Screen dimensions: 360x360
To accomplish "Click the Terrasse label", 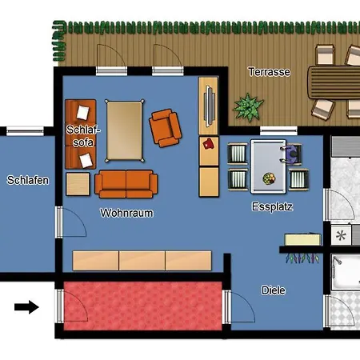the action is click(269, 72).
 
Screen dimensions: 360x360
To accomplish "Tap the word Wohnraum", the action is click(126, 213).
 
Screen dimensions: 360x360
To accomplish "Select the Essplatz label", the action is click(272, 207).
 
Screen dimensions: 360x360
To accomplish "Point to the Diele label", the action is click(274, 290).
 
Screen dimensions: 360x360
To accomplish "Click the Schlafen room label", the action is click(28, 180).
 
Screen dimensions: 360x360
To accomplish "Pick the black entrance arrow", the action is click(26, 307).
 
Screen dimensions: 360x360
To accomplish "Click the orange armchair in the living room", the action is click(166, 128).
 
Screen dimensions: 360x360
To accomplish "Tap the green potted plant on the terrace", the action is click(248, 107).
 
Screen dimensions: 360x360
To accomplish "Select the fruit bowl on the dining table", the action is click(269, 178).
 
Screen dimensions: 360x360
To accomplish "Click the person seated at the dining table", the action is click(291, 154).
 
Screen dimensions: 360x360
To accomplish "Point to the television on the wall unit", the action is click(210, 106).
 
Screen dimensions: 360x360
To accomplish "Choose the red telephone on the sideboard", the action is click(209, 144).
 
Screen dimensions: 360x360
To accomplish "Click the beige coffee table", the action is click(124, 130).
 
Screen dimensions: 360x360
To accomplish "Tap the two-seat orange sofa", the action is click(126, 184).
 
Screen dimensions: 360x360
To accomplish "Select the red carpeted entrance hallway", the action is click(143, 306).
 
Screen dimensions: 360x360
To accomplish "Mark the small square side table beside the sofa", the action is click(78, 184).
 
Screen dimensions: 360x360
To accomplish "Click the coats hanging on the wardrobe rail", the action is click(302, 258).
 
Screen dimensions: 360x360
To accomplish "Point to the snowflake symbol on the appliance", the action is click(341, 235).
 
